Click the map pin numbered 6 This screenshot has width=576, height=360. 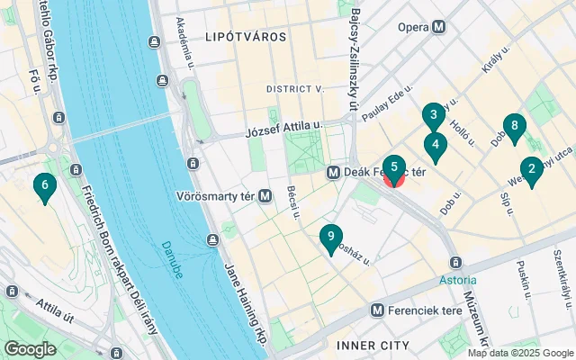click(43, 187)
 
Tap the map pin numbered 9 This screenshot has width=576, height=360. click(331, 238)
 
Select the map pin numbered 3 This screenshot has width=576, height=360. click(434, 116)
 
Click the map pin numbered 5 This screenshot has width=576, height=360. click(394, 167)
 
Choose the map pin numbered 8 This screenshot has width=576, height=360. click(514, 128)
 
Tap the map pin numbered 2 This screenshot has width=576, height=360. click(532, 169)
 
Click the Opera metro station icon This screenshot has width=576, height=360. click(438, 27)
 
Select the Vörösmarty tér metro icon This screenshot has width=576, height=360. click(265, 195)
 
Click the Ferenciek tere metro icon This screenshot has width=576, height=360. click(381, 310)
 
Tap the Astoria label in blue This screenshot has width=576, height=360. click(457, 280)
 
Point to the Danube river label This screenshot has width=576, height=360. click(173, 258)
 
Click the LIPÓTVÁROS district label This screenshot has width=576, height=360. click(246, 38)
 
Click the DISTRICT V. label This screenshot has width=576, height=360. click(294, 88)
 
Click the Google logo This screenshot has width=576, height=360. click(30, 348)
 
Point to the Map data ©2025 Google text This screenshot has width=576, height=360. click(519, 353)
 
